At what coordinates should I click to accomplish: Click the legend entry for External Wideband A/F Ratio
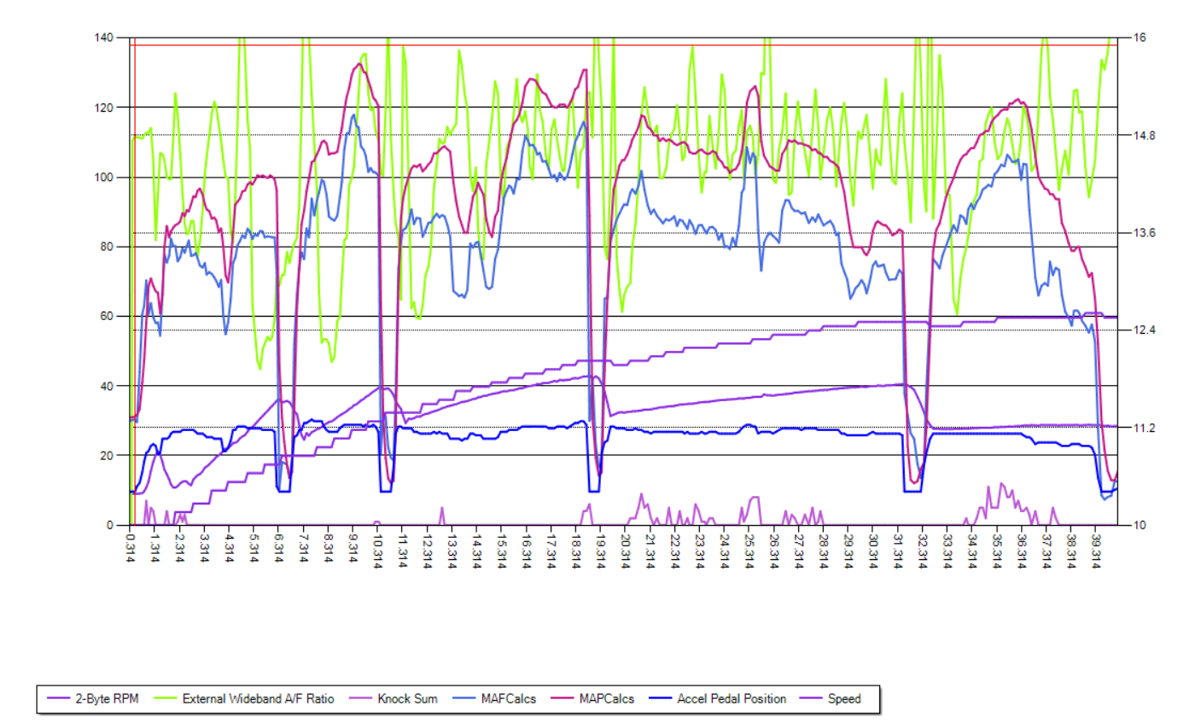(x=258, y=699)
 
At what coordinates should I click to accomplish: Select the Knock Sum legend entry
(x=407, y=699)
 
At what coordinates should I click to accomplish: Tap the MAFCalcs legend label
(x=508, y=699)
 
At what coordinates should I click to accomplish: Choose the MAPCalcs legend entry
(x=606, y=699)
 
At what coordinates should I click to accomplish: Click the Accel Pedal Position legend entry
(x=732, y=699)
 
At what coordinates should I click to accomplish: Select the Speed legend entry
(x=843, y=699)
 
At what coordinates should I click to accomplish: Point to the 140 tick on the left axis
(x=104, y=38)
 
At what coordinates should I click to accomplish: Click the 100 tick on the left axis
(x=104, y=178)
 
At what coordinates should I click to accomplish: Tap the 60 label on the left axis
(x=108, y=317)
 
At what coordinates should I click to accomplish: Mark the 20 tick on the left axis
(x=108, y=456)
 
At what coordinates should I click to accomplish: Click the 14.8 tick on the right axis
(x=1144, y=135)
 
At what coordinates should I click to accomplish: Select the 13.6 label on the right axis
(x=1144, y=233)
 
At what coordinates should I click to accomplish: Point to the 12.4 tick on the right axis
(x=1144, y=330)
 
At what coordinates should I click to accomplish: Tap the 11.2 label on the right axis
(x=1144, y=428)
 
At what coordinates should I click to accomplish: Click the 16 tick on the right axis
(x=1140, y=38)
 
